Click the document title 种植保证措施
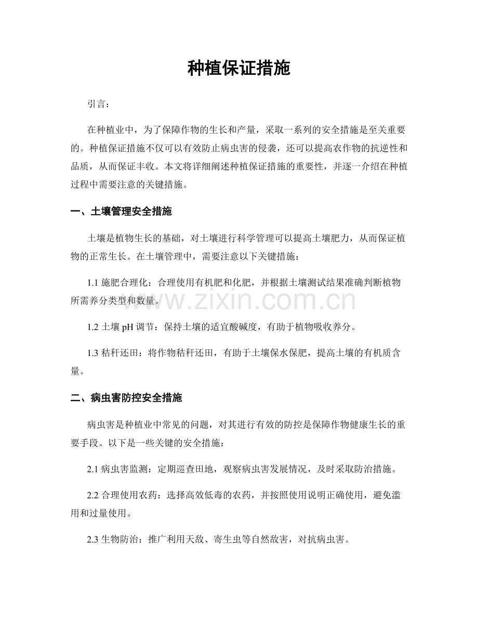(x=238, y=69)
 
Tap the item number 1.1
(x=93, y=282)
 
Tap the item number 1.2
(x=93, y=327)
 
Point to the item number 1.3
(x=93, y=353)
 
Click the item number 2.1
(x=93, y=469)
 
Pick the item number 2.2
(x=93, y=495)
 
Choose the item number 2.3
(x=93, y=541)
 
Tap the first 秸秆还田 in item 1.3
(x=119, y=353)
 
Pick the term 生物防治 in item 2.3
(x=117, y=541)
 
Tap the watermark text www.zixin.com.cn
(x=238, y=301)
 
